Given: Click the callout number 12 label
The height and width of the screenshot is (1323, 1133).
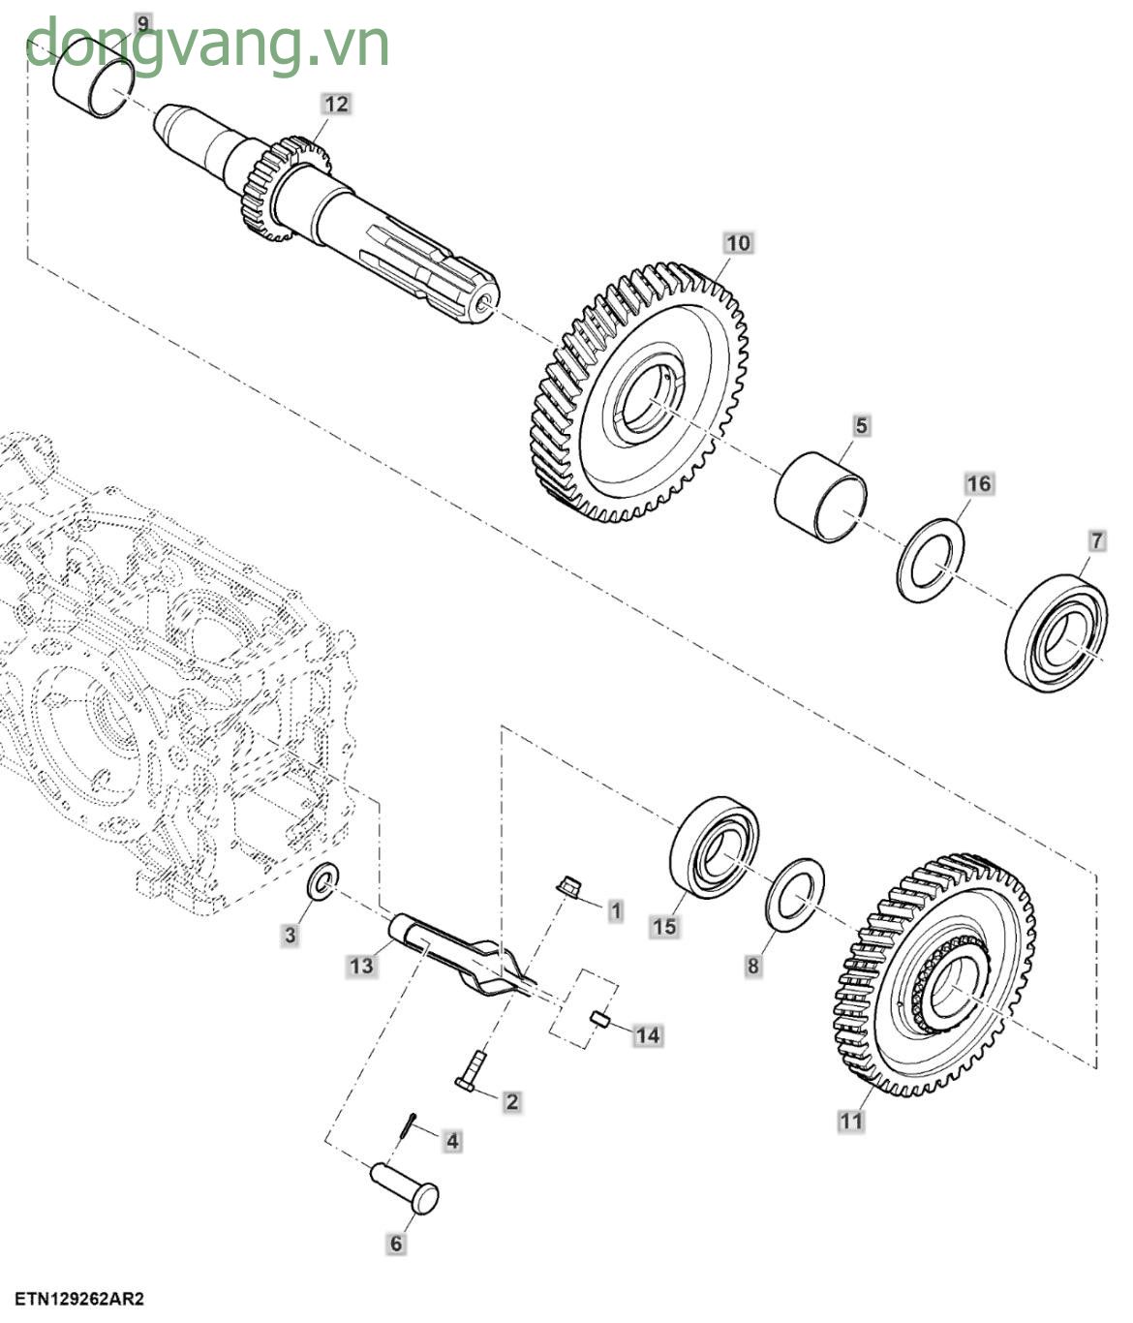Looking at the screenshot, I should coord(336,104).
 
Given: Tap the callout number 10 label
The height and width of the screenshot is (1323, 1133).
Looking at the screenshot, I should coord(738,242).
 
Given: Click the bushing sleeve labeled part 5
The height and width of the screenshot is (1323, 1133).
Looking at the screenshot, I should coord(820,499).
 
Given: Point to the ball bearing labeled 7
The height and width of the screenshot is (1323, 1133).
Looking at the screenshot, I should coord(1057,633).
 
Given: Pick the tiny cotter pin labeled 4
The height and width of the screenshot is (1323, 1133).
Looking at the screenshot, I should coord(409,1127).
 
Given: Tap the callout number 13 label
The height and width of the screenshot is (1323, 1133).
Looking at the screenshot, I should coord(361,966).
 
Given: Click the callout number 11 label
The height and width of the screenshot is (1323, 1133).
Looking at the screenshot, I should coord(850,1121).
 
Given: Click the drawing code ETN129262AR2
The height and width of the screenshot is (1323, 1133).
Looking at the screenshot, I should coord(78,1298).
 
